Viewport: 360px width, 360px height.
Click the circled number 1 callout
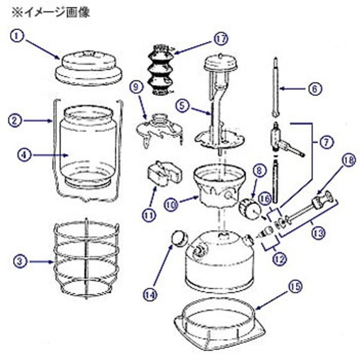pos(19,36)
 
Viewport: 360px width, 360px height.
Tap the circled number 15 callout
pos(293,287)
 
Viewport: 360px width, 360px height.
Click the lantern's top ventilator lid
pos(88,67)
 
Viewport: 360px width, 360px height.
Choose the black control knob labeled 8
pos(248,209)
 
